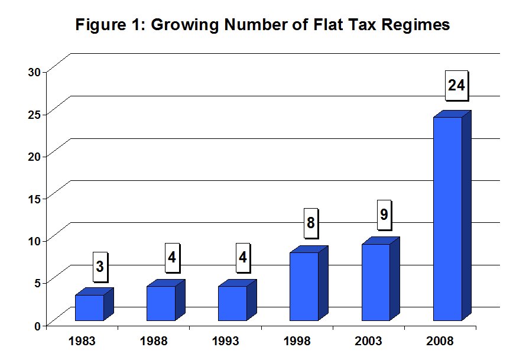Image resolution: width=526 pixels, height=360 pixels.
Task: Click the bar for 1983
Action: pos(94,304)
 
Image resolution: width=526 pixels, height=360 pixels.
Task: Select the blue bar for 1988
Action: pos(165,300)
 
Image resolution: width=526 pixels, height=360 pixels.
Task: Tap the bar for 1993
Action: pos(237,300)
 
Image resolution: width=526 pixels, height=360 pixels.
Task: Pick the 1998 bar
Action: pos(309,283)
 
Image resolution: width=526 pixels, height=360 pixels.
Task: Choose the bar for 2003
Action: pos(381,279)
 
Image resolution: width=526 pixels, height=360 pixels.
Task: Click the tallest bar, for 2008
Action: pos(452,215)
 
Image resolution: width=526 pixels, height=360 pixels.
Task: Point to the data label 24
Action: pos(456,85)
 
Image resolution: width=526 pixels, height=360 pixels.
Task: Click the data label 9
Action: pos(384,215)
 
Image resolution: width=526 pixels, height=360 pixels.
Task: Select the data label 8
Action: pos(311,223)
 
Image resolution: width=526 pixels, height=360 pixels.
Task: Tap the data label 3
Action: pos(100,267)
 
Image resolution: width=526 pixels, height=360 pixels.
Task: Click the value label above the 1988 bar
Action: pos(172,258)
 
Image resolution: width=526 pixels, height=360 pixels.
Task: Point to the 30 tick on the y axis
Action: pos(34,72)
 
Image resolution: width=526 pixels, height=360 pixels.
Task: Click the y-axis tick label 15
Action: pos(34,199)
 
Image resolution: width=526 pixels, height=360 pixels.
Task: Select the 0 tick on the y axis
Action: pos(38,326)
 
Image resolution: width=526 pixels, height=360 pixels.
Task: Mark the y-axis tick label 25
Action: pos(34,115)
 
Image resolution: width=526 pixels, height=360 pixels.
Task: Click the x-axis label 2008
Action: pos(440,341)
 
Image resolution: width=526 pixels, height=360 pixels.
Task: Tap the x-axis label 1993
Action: pos(225,341)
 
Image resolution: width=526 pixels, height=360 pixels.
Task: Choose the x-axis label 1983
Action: pos(82,341)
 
